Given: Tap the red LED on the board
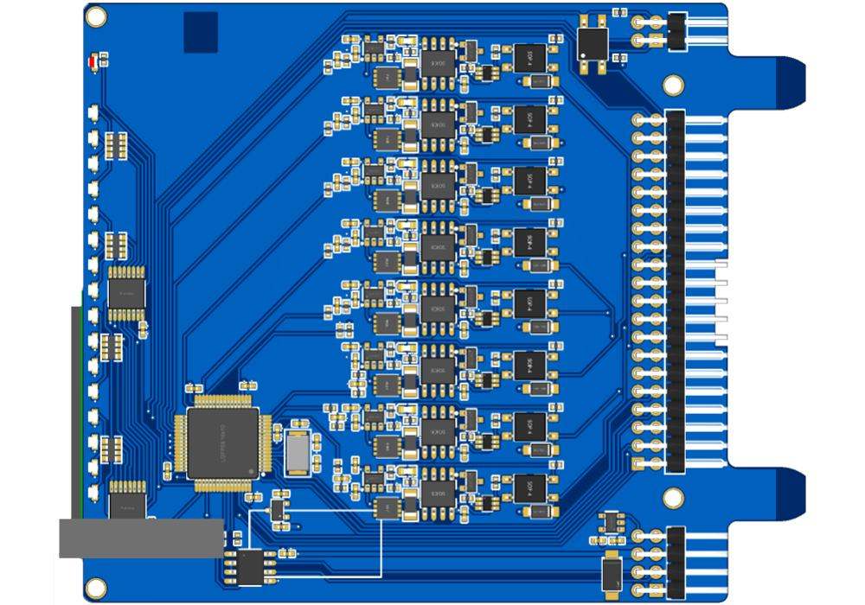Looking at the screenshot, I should (x=93, y=61).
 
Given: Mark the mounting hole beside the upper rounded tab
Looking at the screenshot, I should (x=673, y=85).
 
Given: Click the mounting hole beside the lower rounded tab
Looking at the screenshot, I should (x=673, y=497).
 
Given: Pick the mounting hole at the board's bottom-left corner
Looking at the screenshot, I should (x=94, y=589).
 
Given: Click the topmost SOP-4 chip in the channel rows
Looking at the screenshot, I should (x=529, y=59).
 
